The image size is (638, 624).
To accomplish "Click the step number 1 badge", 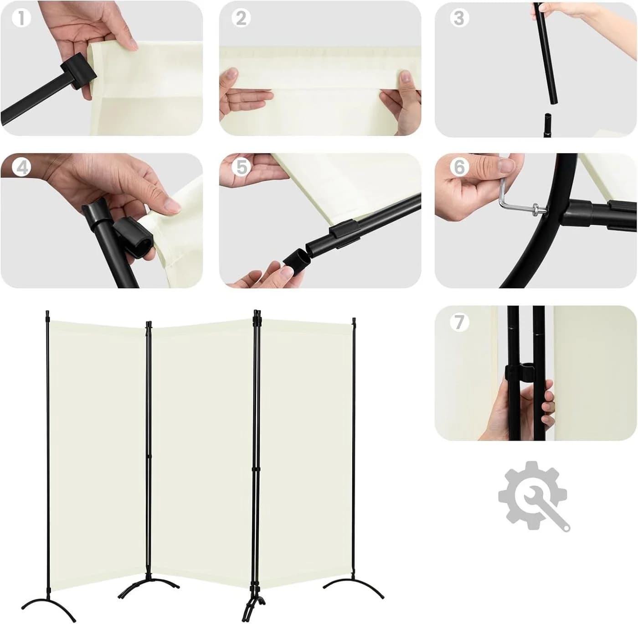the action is coord(21,18).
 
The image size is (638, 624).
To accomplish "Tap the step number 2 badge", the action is coord(241,18).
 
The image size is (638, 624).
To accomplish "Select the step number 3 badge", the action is coord(459,18).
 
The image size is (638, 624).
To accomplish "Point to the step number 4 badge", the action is coord(21,168).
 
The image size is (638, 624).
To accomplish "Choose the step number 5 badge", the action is coord(241,168).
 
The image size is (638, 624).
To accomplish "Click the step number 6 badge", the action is coord(459,168).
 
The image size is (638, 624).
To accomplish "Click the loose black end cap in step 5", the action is coord(296,261).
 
